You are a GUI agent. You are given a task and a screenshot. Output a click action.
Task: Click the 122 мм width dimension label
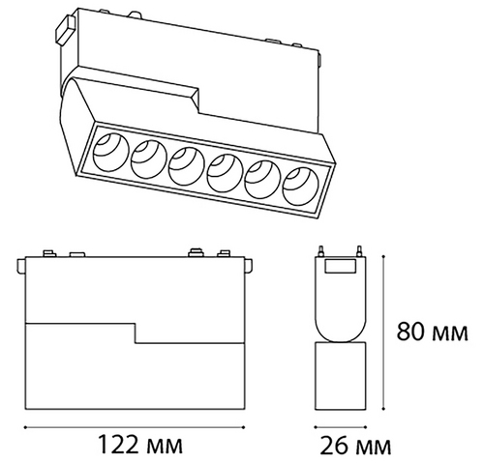click(x=140, y=445)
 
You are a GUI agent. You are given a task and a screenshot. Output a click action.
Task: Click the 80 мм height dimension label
click(x=433, y=332)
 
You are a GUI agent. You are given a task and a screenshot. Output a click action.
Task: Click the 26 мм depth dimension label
click(x=355, y=446)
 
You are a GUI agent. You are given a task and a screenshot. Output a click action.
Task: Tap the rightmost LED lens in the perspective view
click(x=300, y=187)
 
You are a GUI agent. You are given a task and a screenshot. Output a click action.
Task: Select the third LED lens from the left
click(x=186, y=166)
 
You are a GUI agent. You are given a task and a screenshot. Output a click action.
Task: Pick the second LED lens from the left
click(x=148, y=159)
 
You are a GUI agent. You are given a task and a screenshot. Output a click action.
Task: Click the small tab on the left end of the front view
click(x=21, y=266)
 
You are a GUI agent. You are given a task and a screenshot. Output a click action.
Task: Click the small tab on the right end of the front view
click(x=249, y=266)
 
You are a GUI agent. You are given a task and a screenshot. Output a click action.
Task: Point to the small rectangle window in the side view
click(x=341, y=267)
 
